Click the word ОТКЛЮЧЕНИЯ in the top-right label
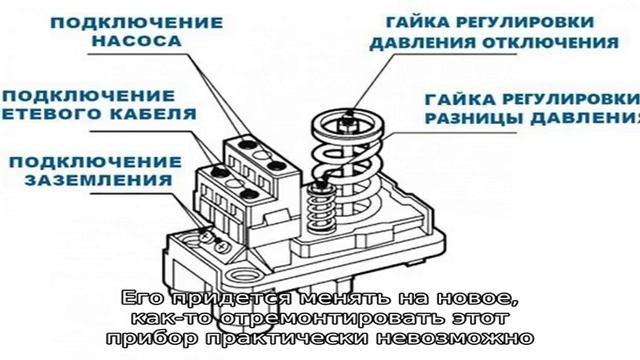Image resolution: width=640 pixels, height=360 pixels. [562, 43]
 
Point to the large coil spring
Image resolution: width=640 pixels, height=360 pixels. [349, 170]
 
